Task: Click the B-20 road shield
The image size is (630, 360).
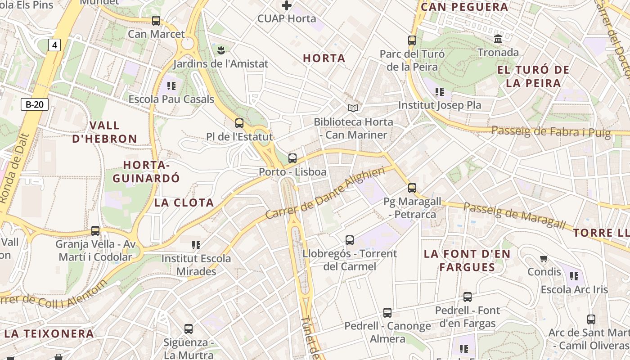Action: point(35,105)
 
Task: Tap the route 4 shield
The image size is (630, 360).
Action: point(54,45)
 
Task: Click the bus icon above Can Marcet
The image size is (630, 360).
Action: point(156,21)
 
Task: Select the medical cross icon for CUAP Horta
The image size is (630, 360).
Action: point(287,6)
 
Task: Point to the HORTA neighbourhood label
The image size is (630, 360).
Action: point(324,58)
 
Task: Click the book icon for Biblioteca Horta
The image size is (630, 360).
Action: point(353,108)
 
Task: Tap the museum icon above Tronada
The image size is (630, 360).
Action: point(498,39)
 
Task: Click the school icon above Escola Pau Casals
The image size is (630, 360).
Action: point(171,85)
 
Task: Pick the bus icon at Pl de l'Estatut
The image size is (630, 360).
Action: point(239,123)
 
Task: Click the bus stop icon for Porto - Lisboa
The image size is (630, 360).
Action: point(292,158)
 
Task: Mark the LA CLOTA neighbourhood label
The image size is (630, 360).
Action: point(184,202)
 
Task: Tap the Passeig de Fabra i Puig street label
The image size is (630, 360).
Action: point(551,131)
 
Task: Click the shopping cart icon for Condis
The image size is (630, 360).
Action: point(544,259)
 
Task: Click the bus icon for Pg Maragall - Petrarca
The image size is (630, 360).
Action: point(412,188)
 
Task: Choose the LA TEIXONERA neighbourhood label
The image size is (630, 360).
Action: point(49,334)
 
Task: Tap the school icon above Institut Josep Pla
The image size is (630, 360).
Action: point(440,92)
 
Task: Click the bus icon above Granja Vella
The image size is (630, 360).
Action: point(95,231)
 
